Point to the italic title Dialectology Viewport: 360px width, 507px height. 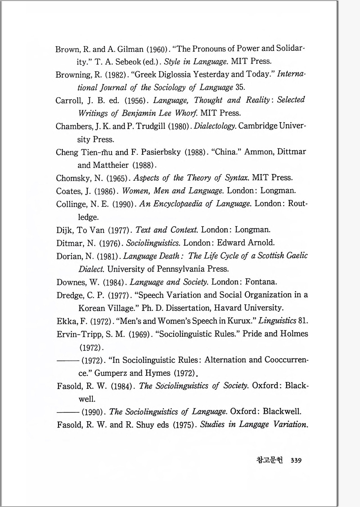pos(215,126)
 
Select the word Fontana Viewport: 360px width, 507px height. pos(261,282)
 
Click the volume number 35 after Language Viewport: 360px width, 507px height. pos(240,87)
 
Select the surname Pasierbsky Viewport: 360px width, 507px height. pos(161,152)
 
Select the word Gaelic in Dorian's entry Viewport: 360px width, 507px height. pos(297,256)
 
